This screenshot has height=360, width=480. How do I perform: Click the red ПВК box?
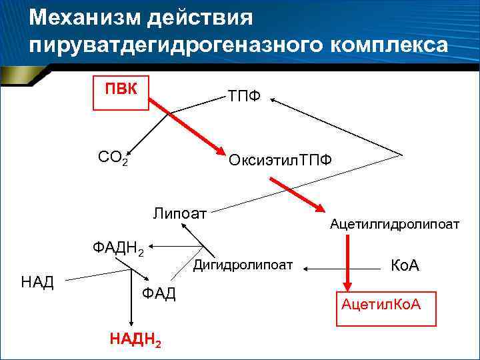120,89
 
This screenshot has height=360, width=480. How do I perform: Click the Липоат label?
179,214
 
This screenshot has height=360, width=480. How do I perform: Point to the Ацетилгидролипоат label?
394,225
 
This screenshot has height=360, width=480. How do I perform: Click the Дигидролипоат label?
243,265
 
